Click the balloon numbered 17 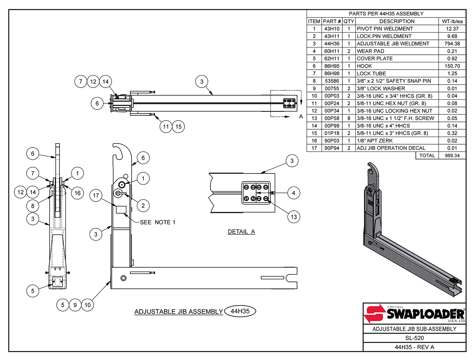(x=96, y=196)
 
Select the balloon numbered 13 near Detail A (x=294, y=217)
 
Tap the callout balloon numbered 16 (x=77, y=193)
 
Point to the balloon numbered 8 (x=33, y=206)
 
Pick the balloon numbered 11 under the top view (x=166, y=127)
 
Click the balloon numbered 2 (x=143, y=206)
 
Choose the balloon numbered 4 (x=294, y=193)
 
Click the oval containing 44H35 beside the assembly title (x=240, y=311)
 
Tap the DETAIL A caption (x=241, y=231)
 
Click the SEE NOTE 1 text (x=157, y=222)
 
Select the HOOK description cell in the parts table (x=397, y=66)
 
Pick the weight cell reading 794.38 (x=452, y=43)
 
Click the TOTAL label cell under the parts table (x=427, y=156)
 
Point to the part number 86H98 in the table (x=332, y=73)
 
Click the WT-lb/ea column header (x=452, y=21)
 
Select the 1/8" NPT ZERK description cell (x=397, y=141)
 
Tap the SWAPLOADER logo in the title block (x=414, y=314)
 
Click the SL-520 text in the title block (x=414, y=338)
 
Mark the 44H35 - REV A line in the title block (x=414, y=347)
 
